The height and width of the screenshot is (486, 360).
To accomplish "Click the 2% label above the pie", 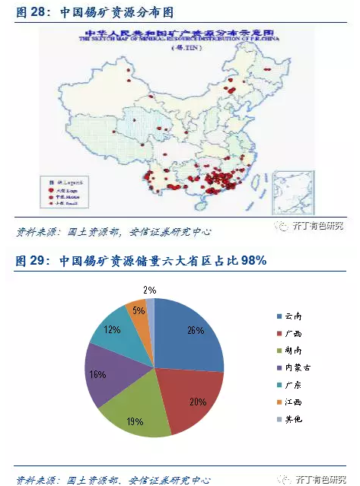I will point(150,290).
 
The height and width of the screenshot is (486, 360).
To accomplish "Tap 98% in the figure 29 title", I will point(253,261).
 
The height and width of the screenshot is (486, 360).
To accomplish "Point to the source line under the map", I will point(114,231).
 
